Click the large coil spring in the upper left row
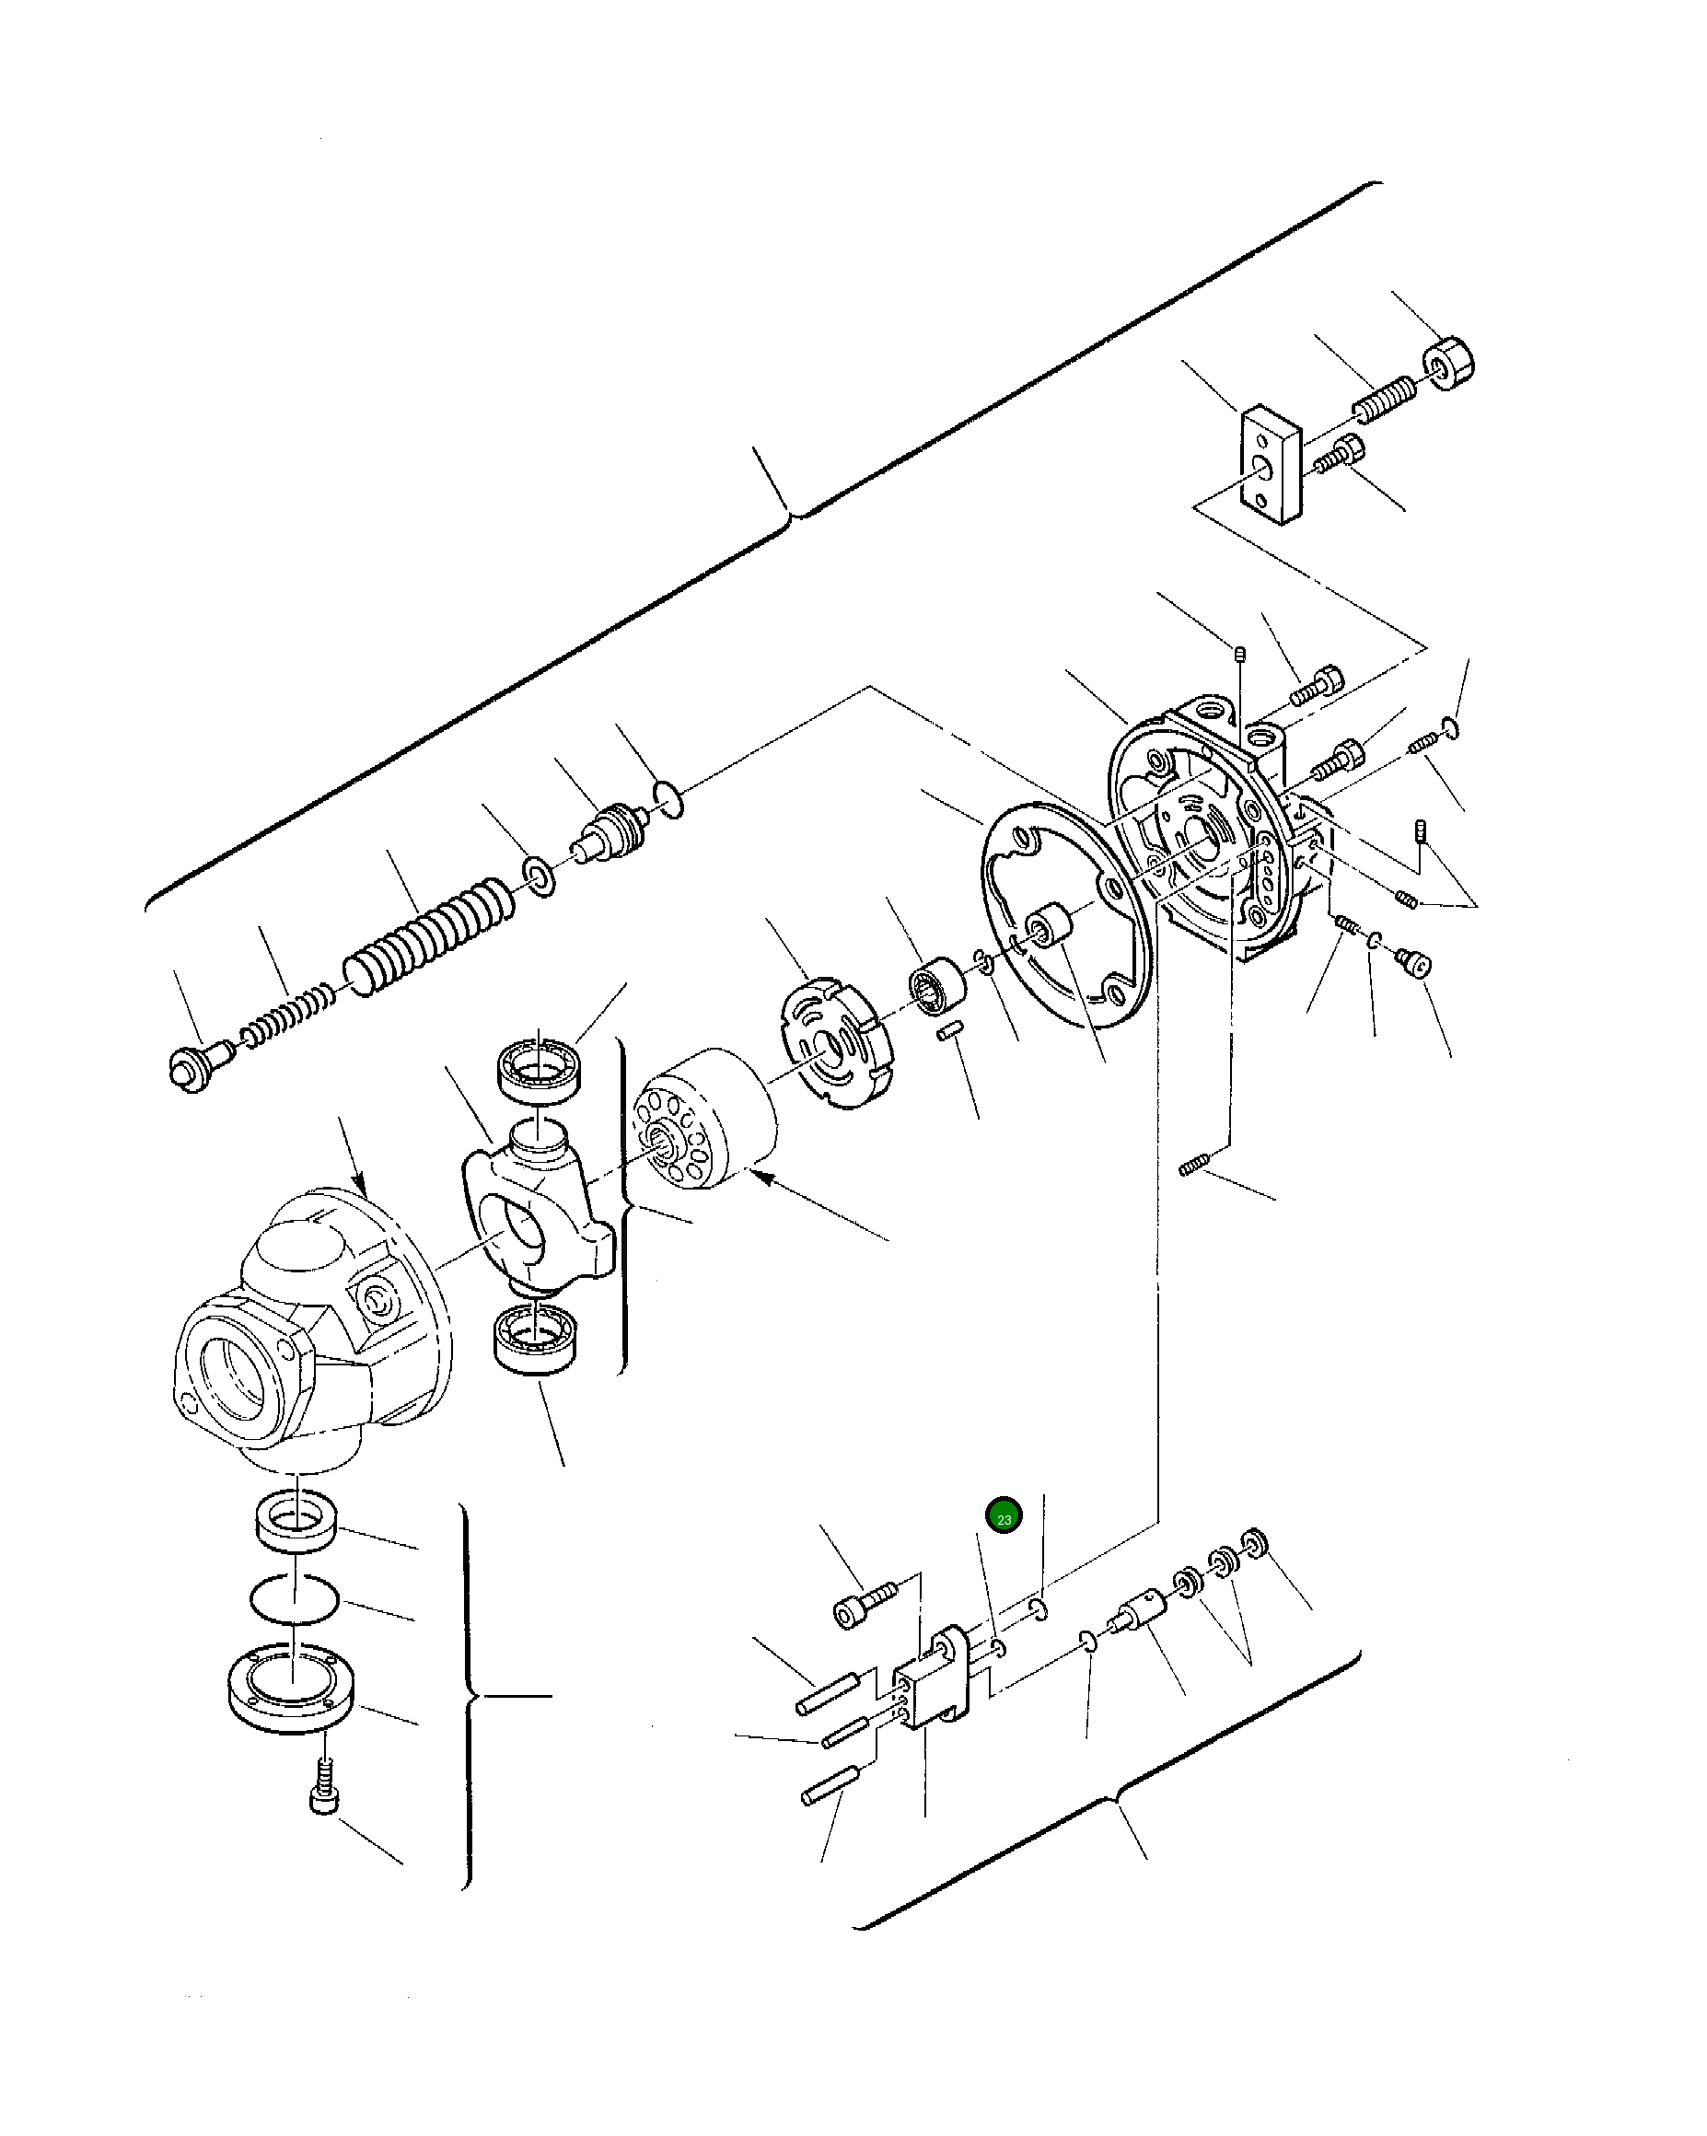428,935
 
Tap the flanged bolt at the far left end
195,1065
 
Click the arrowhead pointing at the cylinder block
761,1176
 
